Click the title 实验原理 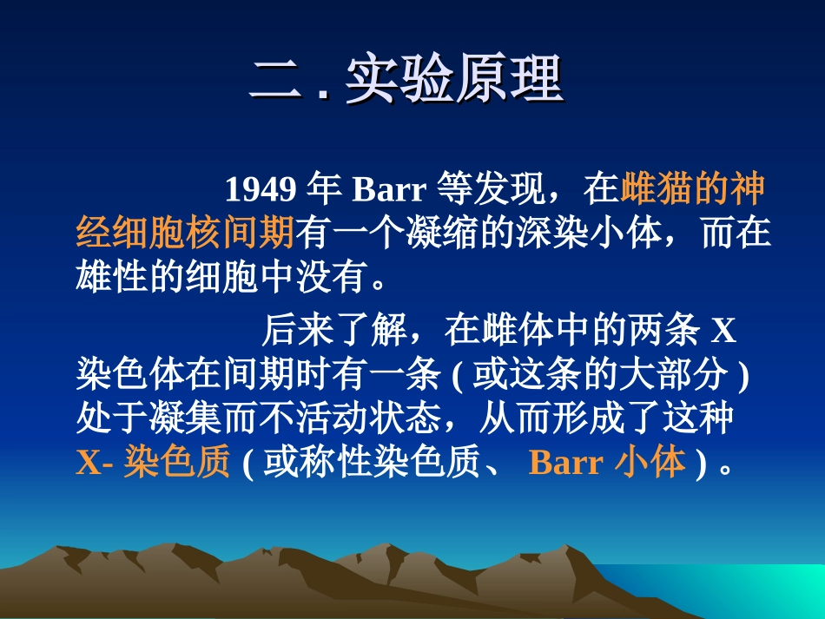[x=454, y=82]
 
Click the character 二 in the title [x=277, y=82]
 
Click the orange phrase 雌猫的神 [x=695, y=188]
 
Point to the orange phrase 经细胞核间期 [x=186, y=234]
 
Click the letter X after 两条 [x=723, y=331]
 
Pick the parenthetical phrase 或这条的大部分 [x=600, y=376]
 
